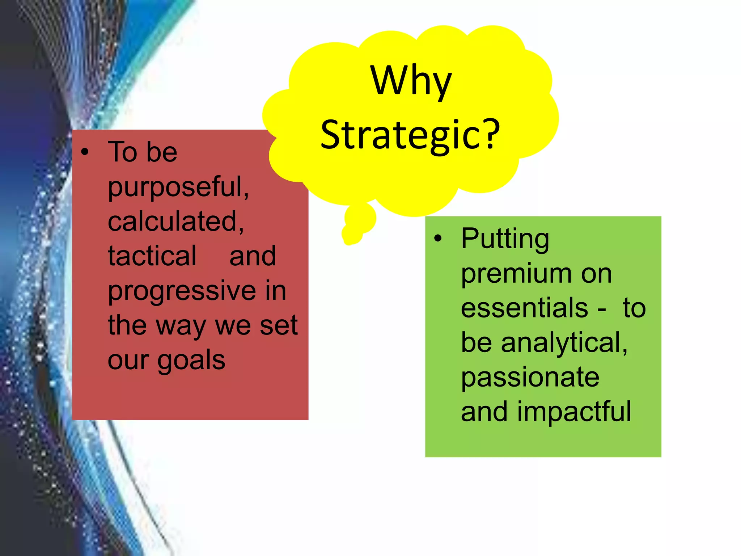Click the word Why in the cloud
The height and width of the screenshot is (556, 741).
tap(411, 81)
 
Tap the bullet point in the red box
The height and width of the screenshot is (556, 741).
tap(85, 152)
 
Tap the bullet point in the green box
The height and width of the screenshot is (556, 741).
tap(438, 239)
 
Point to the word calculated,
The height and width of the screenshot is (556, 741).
tap(176, 222)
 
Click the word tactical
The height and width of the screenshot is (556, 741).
tap(152, 256)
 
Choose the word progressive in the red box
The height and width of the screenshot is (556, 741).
tap(182, 291)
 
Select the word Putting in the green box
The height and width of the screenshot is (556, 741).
tap(505, 239)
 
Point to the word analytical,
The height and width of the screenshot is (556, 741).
tap(564, 343)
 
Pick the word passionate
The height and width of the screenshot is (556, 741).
tap(530, 378)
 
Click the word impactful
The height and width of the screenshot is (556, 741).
tap(574, 412)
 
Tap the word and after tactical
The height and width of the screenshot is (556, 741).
tap(253, 256)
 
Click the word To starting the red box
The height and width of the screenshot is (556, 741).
tap(122, 152)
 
